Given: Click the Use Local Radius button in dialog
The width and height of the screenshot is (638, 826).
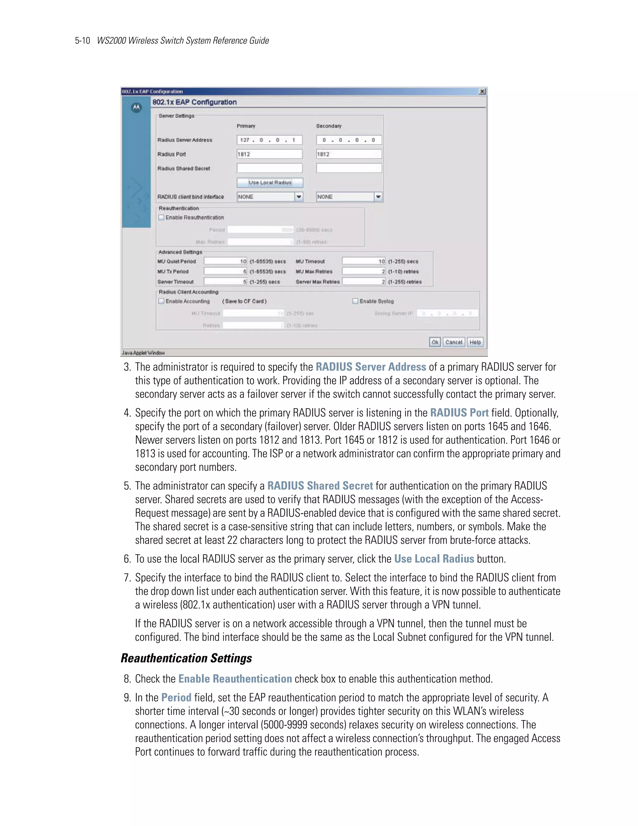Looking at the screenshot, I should pos(270,183).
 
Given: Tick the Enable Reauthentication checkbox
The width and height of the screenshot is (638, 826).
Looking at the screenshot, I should pos(161,218).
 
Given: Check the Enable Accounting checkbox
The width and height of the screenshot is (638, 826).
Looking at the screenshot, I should pos(161,301).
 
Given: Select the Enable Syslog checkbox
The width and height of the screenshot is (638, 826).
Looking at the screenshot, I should pos(355,301).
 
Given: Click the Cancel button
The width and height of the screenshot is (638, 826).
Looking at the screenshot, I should pos(453,342).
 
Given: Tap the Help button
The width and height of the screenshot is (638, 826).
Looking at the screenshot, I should pos(475,342).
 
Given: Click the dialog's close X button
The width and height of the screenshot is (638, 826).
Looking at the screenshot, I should pos(482,92).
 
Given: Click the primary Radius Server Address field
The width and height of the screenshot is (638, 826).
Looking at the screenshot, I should pos(269,140).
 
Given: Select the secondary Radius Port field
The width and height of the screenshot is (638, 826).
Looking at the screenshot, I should pos(349,154).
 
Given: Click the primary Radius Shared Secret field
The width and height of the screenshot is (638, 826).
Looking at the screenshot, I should pos(269,168).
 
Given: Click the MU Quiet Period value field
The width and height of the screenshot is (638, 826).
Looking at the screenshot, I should pos(225,261).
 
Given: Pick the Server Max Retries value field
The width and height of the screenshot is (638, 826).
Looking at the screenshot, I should pos(364,282).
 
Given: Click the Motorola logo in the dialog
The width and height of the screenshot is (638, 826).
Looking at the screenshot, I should pos(136,108).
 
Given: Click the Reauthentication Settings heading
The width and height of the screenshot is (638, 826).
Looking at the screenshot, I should pos(186,658).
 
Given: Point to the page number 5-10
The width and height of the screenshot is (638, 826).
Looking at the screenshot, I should pos(82,41).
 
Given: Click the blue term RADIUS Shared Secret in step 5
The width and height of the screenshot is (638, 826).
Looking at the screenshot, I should pos(320,486).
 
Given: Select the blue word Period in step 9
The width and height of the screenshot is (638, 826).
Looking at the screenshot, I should pos(176,697).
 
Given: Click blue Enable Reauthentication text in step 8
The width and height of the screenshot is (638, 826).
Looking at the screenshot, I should pos(235,679).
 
